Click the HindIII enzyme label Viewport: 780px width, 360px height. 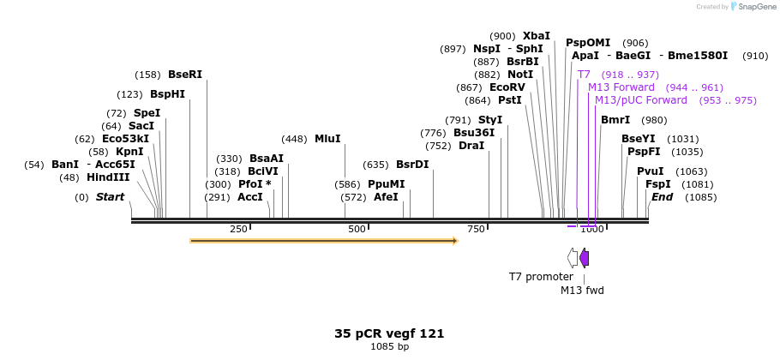coord(108,177)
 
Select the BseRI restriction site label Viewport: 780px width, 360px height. coord(185,75)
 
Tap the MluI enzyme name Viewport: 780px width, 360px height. coord(327,139)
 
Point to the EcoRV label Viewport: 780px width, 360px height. coord(507,87)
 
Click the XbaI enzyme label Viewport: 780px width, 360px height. coord(537,36)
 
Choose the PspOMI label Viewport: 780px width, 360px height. coord(588,43)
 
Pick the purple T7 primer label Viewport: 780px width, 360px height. coord(584,75)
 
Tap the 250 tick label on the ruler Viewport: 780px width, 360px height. coord(238,229)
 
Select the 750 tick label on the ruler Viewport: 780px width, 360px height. coord(476,229)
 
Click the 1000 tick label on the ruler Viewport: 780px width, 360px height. coord(592,229)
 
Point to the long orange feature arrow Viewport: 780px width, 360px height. coord(324,241)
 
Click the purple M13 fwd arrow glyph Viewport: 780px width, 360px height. coord(584,257)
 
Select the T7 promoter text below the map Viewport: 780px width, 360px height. coord(541,277)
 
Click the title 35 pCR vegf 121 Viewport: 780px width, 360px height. coord(389,333)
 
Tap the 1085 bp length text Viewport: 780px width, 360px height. coord(389,347)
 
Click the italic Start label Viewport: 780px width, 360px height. coord(110,197)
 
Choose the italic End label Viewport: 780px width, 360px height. coord(662,197)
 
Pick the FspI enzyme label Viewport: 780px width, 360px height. coord(658,184)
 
